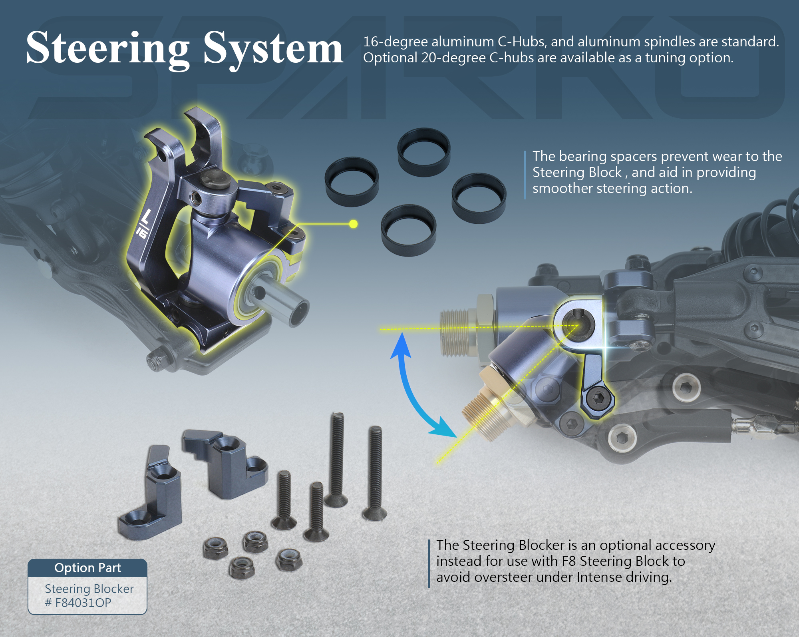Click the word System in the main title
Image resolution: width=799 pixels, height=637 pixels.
pos(273,49)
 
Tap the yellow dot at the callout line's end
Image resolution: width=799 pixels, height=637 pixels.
pos(353,224)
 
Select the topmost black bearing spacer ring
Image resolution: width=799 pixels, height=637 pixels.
pos(424,152)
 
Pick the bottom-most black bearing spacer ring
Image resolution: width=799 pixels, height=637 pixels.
pos(408,230)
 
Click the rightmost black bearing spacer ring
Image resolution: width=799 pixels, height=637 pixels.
pos(479,198)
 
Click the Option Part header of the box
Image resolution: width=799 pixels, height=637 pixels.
pos(87,568)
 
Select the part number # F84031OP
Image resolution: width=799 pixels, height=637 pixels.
pos(78,603)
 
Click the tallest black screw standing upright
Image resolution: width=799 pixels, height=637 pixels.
pos(337,460)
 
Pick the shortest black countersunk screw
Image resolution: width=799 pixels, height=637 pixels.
pos(284,500)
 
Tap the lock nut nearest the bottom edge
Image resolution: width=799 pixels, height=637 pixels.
pos(241,567)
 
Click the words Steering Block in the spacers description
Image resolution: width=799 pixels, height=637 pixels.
pos(577,172)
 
